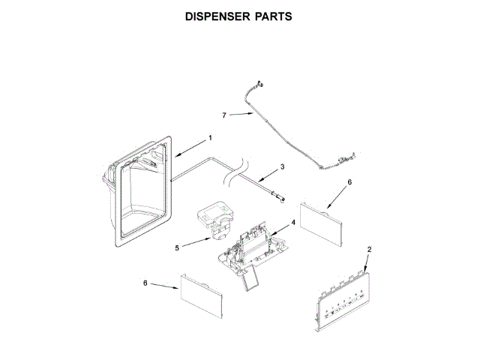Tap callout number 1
click(x=210, y=137)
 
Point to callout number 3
click(x=282, y=166)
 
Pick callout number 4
click(x=293, y=223)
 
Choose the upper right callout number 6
click(x=349, y=181)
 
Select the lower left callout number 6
click(x=145, y=283)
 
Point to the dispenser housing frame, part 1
click(x=139, y=195)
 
